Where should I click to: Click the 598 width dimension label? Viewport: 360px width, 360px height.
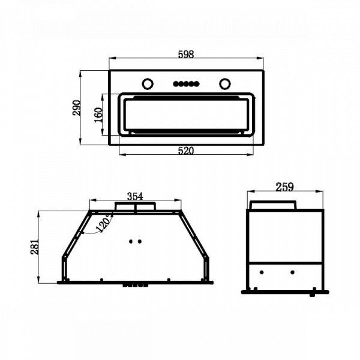[186, 54]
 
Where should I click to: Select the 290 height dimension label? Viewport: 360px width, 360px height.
[77, 107]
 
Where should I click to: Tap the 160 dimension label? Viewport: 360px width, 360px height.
[98, 115]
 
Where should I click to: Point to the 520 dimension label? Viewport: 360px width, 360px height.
[186, 151]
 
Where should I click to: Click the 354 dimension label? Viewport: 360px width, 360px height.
[135, 196]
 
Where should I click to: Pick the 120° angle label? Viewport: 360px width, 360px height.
[104, 223]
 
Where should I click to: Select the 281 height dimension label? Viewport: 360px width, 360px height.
[34, 247]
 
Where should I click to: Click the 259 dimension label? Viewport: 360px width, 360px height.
[284, 187]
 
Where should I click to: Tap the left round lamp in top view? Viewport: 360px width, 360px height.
[148, 84]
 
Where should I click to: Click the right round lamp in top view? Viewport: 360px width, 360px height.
[225, 84]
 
